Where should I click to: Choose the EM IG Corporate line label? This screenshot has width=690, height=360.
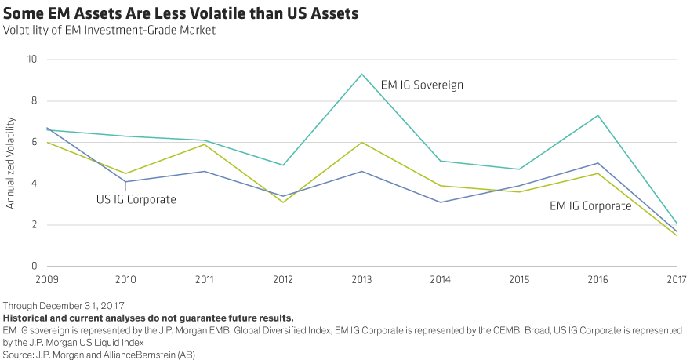(x=590, y=206)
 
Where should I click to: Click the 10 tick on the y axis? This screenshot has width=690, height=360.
(x=31, y=60)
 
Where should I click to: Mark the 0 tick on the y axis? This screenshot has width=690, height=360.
(x=34, y=267)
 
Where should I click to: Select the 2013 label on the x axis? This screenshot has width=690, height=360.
(x=361, y=279)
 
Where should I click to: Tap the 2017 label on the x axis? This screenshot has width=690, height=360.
(x=677, y=279)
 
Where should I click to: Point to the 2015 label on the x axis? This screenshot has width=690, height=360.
(x=519, y=279)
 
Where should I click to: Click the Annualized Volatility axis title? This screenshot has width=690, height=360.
(x=12, y=162)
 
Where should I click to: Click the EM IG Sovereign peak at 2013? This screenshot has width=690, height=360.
(x=361, y=74)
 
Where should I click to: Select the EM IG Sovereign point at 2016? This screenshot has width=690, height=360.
(x=597, y=115)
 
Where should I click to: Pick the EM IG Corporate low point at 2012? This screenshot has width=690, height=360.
(x=282, y=202)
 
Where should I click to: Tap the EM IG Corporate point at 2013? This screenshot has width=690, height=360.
(x=361, y=142)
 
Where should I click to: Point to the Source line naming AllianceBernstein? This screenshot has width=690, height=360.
(x=98, y=353)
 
